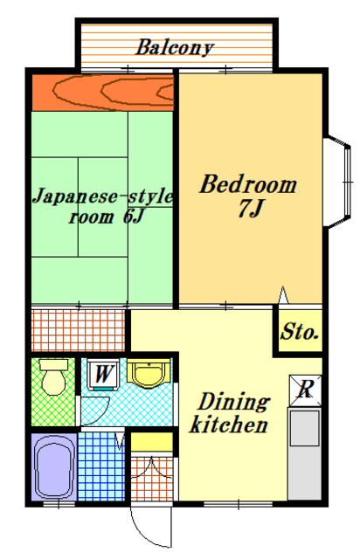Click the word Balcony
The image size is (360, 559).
point(175,47)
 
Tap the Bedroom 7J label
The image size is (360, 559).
point(247,196)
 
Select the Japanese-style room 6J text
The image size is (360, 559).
point(103,206)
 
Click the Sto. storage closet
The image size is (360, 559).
point(299,333)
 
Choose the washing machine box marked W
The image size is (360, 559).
point(103,375)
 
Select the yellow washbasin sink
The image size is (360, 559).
point(149,373)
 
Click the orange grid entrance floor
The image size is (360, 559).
point(152,480)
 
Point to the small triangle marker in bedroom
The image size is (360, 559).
point(282,296)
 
